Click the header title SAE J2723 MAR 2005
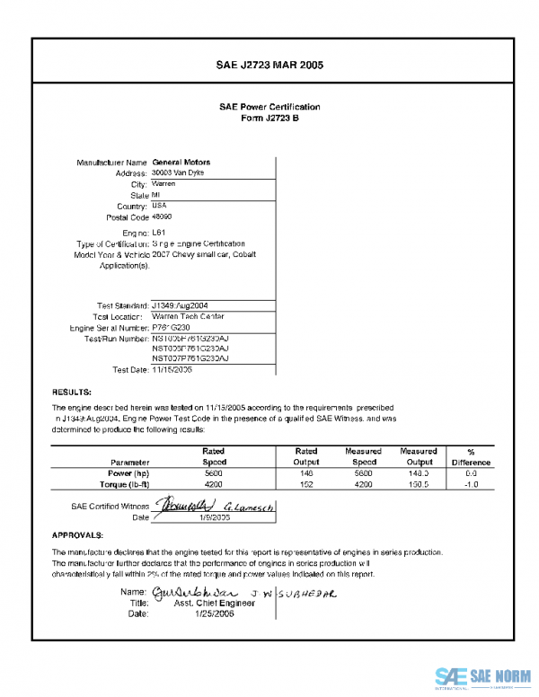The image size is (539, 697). coord(269,66)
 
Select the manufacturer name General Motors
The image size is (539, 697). coord(181,163)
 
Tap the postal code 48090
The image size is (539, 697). coord(163,217)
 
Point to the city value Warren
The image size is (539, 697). coord(164,184)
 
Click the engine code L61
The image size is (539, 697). coord(159,233)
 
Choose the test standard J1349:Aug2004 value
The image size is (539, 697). coord(181,305)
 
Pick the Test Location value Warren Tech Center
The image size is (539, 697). coord(188,316)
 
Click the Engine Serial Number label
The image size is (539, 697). coord(109,329)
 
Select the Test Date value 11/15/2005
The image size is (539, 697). coord(172,369)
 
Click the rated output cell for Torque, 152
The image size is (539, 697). coord(306,485)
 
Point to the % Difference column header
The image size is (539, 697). coord(471,457)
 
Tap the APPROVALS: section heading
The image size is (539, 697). coord(79,534)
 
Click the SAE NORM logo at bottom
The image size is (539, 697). coord(485,675)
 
